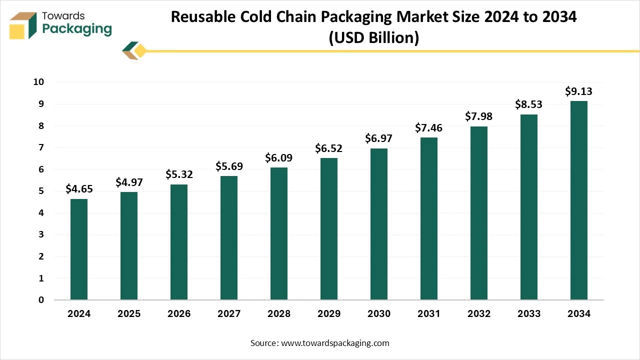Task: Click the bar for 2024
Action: click(79, 249)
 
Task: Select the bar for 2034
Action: click(579, 200)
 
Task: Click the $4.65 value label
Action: click(79, 189)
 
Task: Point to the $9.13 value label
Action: click(579, 91)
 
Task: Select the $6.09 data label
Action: click(279, 157)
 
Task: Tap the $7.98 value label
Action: click(479, 116)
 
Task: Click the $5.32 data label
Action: click(179, 174)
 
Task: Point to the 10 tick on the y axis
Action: click(39, 82)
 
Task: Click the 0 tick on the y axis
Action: click(41, 300)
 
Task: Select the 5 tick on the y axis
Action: click(41, 191)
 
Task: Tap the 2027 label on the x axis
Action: click(229, 314)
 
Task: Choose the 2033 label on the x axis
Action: click(529, 314)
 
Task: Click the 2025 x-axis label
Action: click(129, 314)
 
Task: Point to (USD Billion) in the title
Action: click(373, 38)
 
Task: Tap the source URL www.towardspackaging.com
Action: click(335, 343)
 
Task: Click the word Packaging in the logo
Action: click(77, 29)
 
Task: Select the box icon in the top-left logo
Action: click(23, 25)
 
